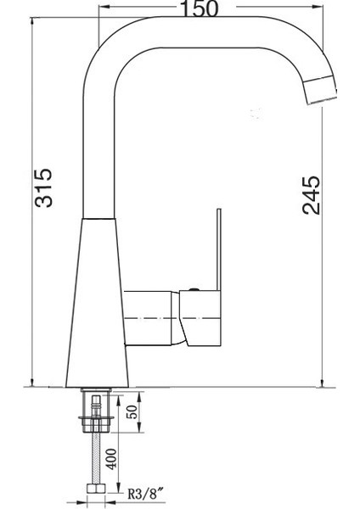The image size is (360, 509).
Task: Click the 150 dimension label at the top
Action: pyautogui.click(x=200, y=8)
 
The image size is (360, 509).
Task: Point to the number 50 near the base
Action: pyautogui.click(x=132, y=413)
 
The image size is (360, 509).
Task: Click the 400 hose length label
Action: pyautogui.click(x=112, y=460)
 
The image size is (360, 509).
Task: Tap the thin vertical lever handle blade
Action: pyautogui.click(x=217, y=246)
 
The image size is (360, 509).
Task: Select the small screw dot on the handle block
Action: pyautogui.click(x=195, y=290)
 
